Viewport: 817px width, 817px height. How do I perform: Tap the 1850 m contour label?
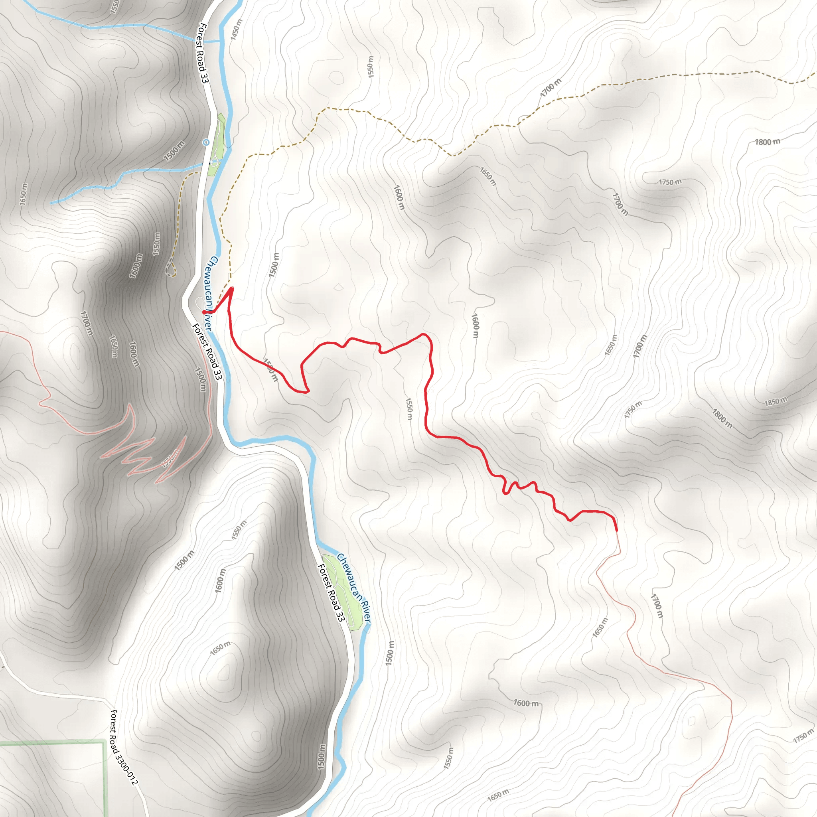tap(776, 401)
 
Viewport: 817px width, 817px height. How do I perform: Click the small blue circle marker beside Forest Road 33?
tap(206, 142)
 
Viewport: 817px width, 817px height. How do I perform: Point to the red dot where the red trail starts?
tap(204, 312)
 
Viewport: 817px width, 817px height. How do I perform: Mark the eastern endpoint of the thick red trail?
tap(617, 530)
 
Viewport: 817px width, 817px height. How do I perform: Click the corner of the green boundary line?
tap(104, 741)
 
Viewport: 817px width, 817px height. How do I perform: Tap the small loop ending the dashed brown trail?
tap(170, 268)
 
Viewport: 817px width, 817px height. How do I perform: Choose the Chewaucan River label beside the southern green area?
tap(353, 588)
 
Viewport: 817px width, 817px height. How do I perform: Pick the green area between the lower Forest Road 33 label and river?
tap(343, 592)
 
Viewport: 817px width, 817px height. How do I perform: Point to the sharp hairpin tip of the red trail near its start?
tap(232, 289)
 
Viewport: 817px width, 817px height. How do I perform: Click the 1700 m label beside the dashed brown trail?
tap(551, 87)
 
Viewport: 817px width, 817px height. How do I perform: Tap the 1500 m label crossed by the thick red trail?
tap(271, 369)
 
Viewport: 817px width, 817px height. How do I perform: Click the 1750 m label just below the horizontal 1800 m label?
tap(670, 182)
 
